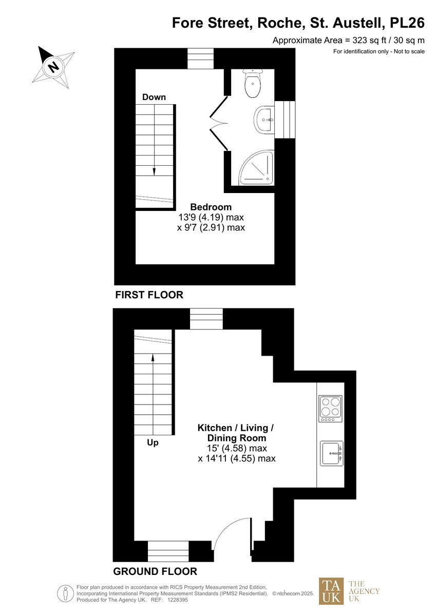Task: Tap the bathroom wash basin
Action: tap(265, 120)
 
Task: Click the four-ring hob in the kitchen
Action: tap(330, 408)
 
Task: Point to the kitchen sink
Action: tap(331, 453)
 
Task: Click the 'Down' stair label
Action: tap(154, 97)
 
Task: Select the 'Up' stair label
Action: tap(153, 442)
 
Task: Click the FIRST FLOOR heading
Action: tap(149, 295)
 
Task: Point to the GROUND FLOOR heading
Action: tap(155, 571)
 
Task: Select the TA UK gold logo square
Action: tap(332, 591)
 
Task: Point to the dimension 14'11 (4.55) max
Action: tap(237, 458)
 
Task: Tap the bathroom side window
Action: tap(286, 120)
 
